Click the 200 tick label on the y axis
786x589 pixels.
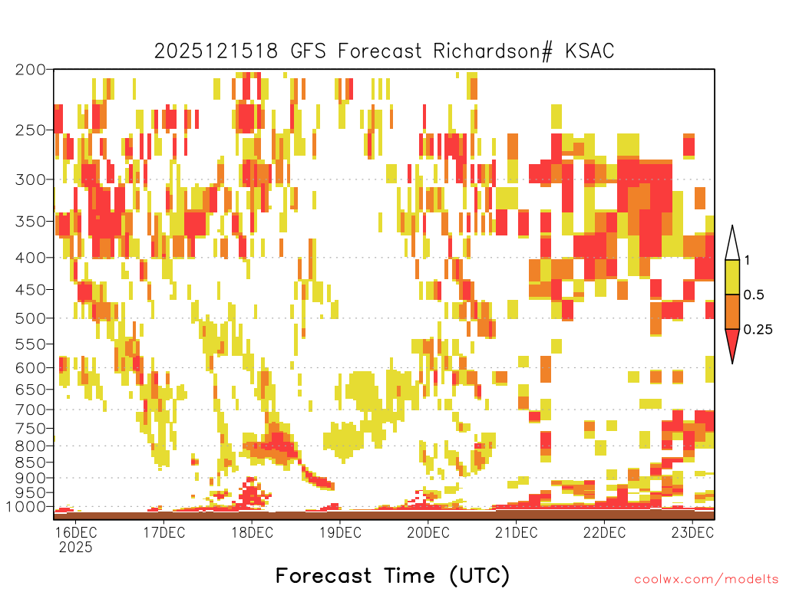pos(30,70)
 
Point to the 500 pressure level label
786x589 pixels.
pos(30,318)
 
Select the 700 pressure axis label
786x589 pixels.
pos(30,410)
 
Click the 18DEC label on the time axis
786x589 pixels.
pos(252,532)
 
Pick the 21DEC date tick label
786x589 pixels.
pos(517,532)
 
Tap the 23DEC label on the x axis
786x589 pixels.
pos(692,532)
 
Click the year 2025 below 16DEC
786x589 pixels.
pos(76,548)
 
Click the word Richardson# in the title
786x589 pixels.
pos(493,51)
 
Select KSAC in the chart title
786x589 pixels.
pos(589,51)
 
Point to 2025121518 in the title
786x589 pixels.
pos(216,51)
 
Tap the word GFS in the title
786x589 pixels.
pos(309,51)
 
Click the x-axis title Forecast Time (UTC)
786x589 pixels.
pos(392,575)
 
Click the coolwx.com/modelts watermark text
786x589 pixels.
pos(707,580)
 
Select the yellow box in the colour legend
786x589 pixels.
pos(732,278)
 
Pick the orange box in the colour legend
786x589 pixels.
pos(732,311)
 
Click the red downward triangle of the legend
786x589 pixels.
pos(732,345)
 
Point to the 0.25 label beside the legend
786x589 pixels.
pos(758,330)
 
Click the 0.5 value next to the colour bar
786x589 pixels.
pos(754,295)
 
